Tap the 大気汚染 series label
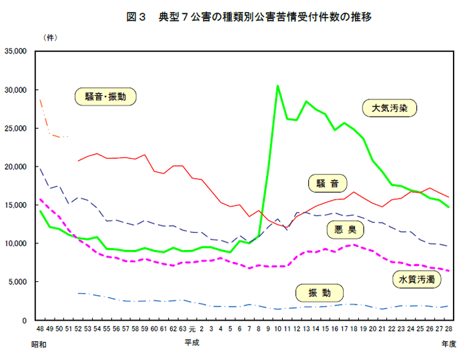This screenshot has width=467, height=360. pyautogui.click(x=390, y=107)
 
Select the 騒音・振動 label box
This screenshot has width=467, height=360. pyautogui.click(x=105, y=97)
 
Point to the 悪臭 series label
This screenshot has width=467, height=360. pyautogui.click(x=346, y=231)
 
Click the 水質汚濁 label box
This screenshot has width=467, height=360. pyautogui.click(x=416, y=279)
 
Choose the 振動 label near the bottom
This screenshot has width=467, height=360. pyautogui.click(x=319, y=291)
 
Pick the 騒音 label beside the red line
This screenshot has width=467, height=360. pyautogui.click(x=328, y=183)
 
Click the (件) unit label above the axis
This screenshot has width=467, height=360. pyautogui.click(x=50, y=37)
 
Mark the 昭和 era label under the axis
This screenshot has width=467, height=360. pyautogui.click(x=39, y=343)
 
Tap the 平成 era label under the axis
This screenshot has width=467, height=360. pyautogui.click(x=191, y=343)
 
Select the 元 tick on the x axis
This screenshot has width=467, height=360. pyautogui.click(x=192, y=329)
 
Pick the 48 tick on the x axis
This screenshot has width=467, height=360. pyautogui.click(x=40, y=329)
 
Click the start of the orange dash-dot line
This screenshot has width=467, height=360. pyautogui.click(x=40, y=99)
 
